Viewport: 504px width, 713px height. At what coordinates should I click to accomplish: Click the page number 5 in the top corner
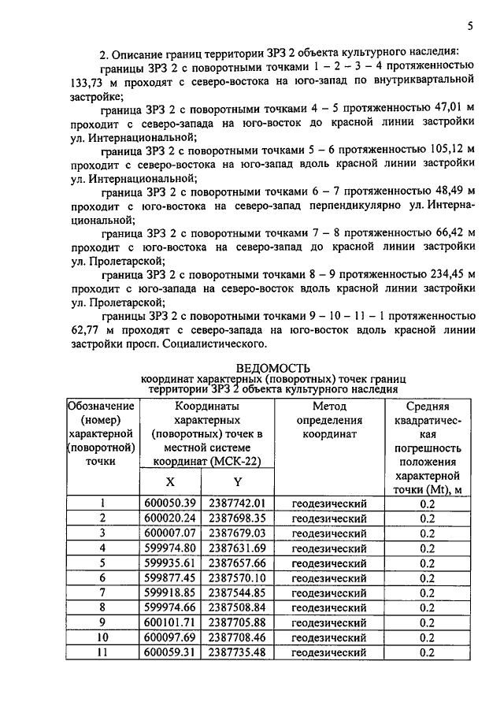point(470,25)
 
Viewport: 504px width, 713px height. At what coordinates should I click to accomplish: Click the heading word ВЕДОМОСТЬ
point(273,367)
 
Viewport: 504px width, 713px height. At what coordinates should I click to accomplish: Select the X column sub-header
point(172,481)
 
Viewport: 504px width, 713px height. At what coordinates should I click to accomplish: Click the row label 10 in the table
point(102,637)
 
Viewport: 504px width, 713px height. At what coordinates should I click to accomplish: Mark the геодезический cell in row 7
point(329,592)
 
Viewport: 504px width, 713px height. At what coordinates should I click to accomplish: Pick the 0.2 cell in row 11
point(428,652)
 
